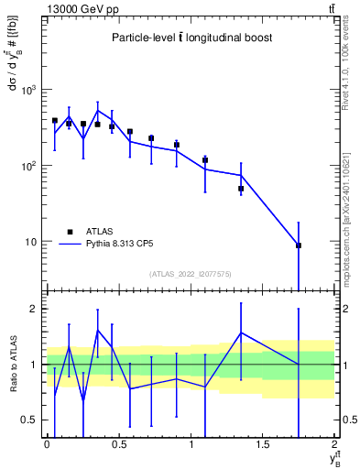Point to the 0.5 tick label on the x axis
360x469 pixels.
click(118, 444)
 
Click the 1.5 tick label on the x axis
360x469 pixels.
click(263, 444)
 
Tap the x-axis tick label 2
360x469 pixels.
click(335, 444)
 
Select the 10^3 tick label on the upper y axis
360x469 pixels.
click(29, 90)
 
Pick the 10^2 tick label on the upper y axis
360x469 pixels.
click(29, 166)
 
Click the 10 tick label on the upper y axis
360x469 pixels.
click(32, 242)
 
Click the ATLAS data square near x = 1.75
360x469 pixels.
click(299, 245)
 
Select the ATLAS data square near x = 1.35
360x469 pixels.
click(241, 189)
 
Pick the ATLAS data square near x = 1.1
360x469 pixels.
click(205, 160)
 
